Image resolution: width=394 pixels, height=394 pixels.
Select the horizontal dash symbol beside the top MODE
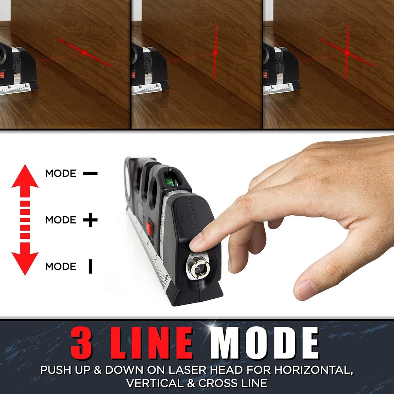tap(90, 173)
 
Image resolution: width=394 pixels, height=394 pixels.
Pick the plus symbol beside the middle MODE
tap(90, 220)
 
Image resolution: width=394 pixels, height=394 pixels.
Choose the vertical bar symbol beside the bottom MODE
tap(90, 267)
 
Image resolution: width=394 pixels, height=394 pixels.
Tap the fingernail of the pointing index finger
tap(196, 242)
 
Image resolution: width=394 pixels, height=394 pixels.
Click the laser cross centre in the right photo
tap(347, 52)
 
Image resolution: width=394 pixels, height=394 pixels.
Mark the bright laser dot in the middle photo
tap(215, 52)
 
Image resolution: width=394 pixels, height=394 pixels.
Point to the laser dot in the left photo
tap(84, 52)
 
